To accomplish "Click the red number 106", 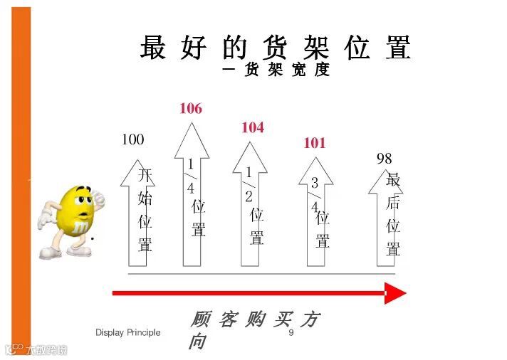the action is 190,109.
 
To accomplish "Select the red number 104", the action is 252,127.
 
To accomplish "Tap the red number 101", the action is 314,143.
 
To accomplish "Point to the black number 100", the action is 132,139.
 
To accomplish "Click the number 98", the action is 384,159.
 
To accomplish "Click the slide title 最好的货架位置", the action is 276,48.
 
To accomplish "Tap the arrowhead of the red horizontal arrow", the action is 394,293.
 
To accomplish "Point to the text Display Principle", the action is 128,333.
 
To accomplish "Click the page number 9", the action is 291,333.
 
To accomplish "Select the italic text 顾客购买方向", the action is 253,329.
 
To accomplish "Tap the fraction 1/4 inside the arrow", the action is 191,176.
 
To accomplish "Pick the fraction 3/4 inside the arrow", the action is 314,194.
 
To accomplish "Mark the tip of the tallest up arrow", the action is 192,125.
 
